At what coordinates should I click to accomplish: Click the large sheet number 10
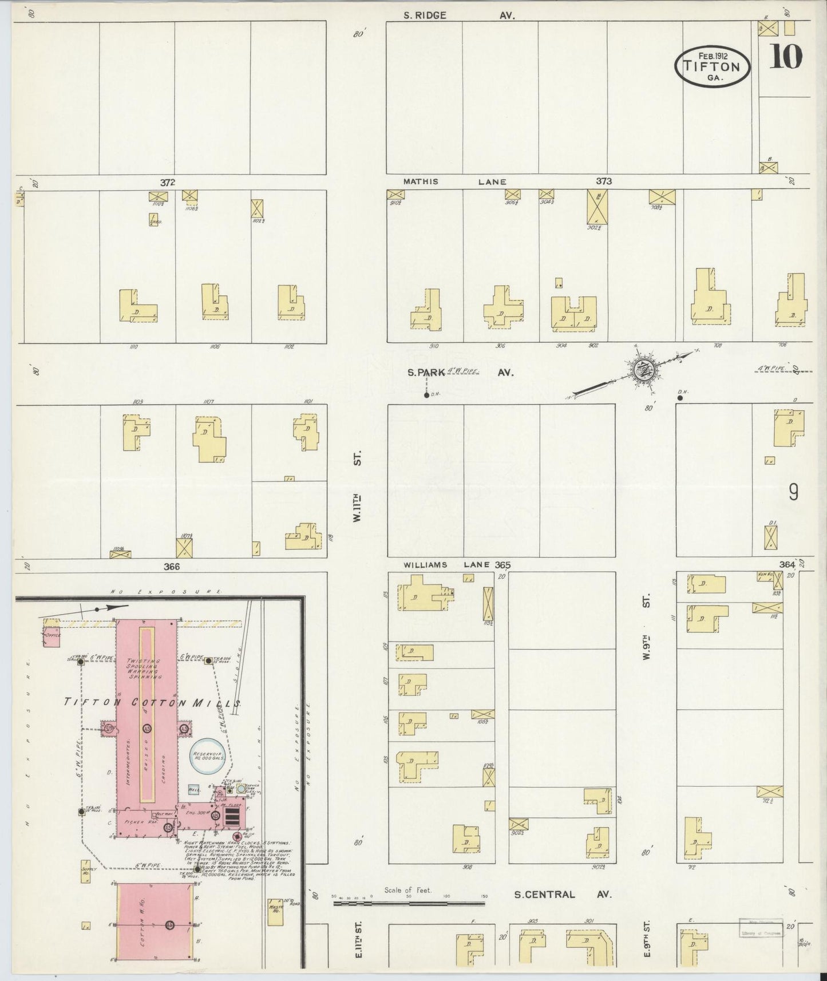[x=785, y=57]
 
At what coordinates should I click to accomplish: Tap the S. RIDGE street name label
[x=424, y=15]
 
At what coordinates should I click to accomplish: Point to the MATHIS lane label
[x=421, y=181]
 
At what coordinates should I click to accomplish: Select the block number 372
[x=167, y=182]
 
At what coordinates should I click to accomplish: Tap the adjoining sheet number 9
[x=793, y=493]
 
